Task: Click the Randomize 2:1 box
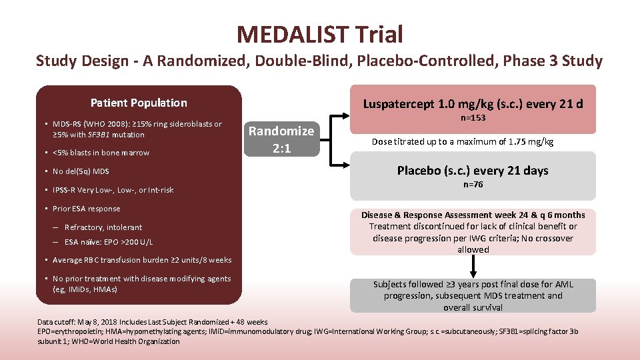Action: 281,139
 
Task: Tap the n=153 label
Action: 473,118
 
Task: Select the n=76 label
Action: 473,185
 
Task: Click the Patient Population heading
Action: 139,103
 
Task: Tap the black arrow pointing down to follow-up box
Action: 473,266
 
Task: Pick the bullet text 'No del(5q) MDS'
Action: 83,171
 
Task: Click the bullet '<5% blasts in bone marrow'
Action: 102,153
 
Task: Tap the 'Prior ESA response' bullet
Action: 88,209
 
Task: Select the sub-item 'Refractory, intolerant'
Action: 103,227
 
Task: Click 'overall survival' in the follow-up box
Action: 473,307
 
